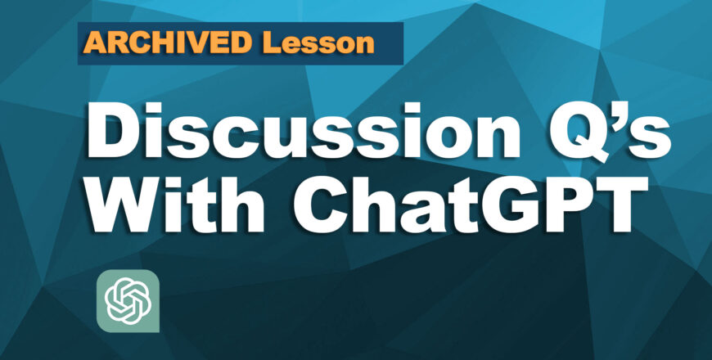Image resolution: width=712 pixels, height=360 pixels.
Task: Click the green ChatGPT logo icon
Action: tap(128, 299)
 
